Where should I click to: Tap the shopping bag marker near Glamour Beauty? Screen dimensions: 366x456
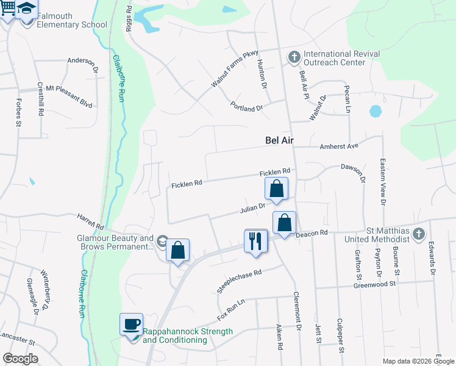[x=177, y=250]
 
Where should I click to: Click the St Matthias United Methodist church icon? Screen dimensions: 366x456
[x=418, y=234]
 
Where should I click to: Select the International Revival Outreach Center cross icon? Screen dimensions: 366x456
[x=294, y=58]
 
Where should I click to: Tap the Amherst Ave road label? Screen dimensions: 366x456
[x=338, y=146]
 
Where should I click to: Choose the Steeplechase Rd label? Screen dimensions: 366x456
[x=239, y=281]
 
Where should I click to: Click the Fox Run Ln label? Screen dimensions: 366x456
[x=231, y=310]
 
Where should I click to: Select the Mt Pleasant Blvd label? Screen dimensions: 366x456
[x=69, y=96]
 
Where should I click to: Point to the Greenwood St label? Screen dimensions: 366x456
[x=376, y=284]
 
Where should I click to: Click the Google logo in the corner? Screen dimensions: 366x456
[x=20, y=358]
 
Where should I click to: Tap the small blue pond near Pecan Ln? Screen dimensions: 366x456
[x=376, y=112]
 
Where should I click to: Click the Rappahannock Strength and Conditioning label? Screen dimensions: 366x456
[x=188, y=335]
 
